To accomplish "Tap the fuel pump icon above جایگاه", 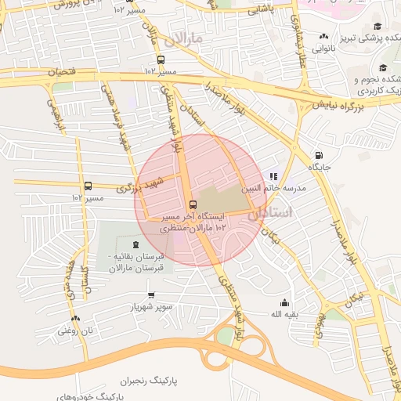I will pyautogui.click(x=318, y=155).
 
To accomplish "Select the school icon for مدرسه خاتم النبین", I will pyautogui.click(x=273, y=176).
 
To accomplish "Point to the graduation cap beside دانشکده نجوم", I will pyautogui.click(x=382, y=67).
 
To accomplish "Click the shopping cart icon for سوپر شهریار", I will pyautogui.click(x=151, y=295).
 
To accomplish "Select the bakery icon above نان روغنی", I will pyautogui.click(x=75, y=319).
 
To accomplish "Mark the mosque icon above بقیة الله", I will pyautogui.click(x=284, y=303).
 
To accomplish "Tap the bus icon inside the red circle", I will pyautogui.click(x=193, y=204).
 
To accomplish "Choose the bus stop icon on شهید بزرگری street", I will pyautogui.click(x=88, y=186).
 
